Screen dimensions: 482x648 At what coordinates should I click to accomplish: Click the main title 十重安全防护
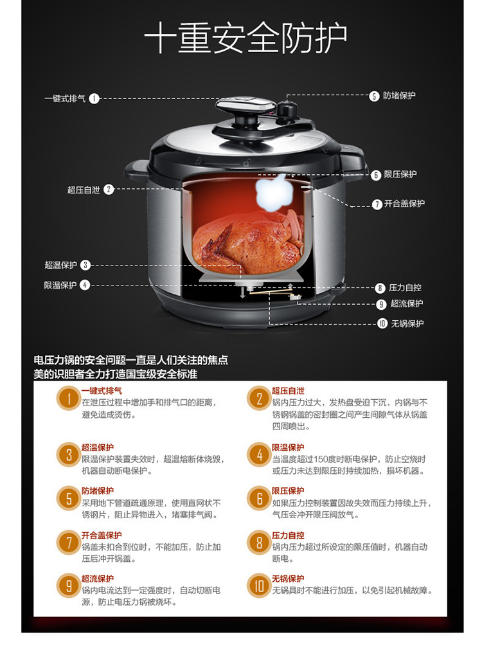245,37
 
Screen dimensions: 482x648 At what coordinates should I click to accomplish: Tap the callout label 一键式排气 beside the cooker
66,99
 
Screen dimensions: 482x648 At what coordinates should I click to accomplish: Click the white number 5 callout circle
374,96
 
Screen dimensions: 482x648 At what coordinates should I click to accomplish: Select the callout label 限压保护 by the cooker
400,174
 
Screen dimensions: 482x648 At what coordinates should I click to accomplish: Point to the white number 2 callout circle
109,189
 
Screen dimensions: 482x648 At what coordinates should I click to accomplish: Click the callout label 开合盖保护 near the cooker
404,203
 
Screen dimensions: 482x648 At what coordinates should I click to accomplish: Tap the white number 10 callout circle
382,323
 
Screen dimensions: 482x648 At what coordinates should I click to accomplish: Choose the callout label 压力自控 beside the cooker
405,287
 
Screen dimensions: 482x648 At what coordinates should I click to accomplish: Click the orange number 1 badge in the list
69,398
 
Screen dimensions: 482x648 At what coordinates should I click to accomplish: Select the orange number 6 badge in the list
259,498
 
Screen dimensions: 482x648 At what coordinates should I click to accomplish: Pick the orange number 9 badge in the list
69,585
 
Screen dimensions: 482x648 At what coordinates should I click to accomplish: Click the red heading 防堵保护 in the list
98,491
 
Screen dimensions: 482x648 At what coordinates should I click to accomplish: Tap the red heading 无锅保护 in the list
288,579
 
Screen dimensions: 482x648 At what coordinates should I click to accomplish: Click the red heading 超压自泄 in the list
288,391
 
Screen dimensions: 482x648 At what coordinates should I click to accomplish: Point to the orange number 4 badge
259,455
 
